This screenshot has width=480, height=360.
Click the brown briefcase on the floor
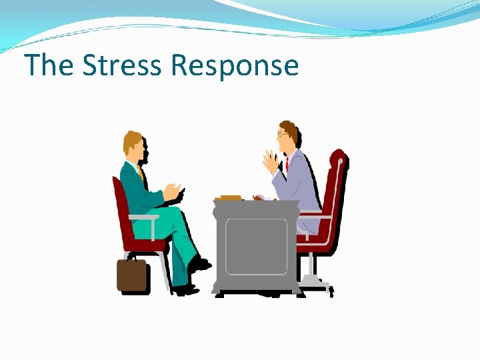[x=132, y=274]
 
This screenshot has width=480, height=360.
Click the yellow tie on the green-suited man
[x=141, y=175]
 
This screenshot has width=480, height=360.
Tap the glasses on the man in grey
[x=283, y=133]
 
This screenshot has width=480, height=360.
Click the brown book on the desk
[x=230, y=197]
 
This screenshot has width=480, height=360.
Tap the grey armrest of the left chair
[x=143, y=217]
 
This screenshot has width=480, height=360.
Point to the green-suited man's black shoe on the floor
[x=186, y=289]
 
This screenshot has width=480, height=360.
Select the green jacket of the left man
[x=137, y=190]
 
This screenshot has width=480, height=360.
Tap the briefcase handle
[x=132, y=255]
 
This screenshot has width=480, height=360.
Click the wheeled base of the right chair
[x=317, y=285]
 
